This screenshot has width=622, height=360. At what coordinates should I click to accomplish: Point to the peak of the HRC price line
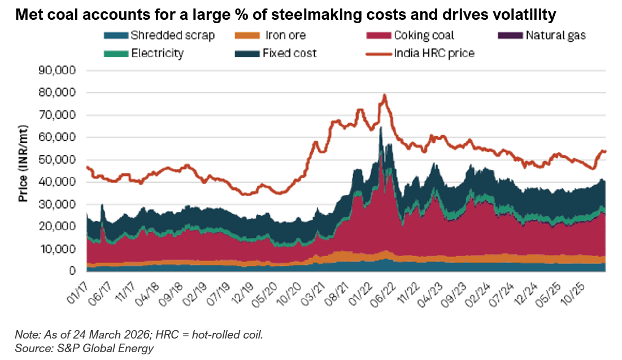[385, 95]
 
